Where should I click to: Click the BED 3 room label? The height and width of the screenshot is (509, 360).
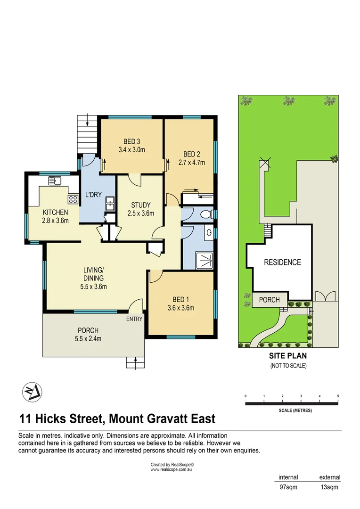(x=132, y=141)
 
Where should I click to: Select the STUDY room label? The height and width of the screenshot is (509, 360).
(x=141, y=205)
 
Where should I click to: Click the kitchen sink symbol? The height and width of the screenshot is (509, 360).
(x=55, y=180)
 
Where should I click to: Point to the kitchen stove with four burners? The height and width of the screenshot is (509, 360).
(x=73, y=199)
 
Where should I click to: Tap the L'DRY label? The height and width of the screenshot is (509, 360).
(x=94, y=194)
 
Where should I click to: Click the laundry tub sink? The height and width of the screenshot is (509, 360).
(x=110, y=203)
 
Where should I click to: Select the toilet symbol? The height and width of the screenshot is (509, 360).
(x=206, y=215)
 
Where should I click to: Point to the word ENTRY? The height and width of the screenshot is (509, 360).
(x=134, y=319)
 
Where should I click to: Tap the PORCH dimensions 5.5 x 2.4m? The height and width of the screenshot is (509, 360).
(x=89, y=338)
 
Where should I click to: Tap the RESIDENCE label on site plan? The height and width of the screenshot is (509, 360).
(x=282, y=263)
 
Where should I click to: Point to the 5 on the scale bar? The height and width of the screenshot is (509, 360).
(x=338, y=396)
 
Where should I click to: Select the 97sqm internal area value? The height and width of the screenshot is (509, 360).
(x=288, y=487)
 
